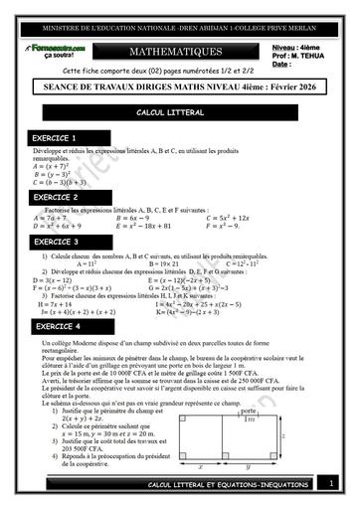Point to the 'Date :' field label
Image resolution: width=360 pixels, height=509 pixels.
(281, 65)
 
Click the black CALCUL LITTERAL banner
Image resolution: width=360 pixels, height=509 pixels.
(180, 115)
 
